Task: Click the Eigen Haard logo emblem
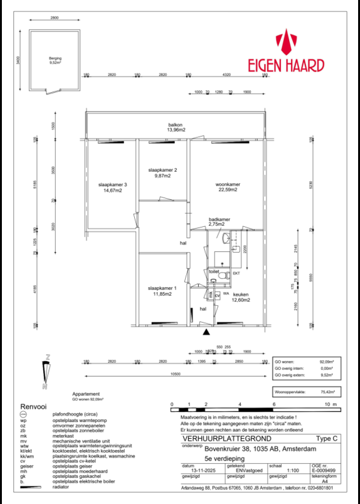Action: [x=287, y=42]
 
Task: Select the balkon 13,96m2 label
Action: [x=174, y=128]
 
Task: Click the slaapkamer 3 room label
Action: [x=112, y=188]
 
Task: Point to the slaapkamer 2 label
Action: [x=162, y=174]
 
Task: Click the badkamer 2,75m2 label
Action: [x=219, y=221]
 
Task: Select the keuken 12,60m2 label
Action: [x=241, y=297]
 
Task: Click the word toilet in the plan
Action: [x=214, y=271]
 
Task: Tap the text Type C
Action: [x=327, y=439]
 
